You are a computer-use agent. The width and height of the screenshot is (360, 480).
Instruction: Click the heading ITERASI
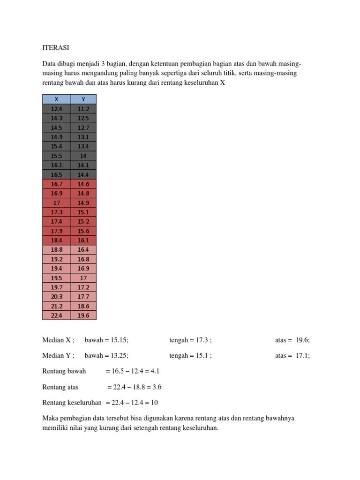56,47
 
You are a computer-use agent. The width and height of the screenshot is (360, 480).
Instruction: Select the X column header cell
56,99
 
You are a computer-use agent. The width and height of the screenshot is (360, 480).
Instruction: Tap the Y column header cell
83,99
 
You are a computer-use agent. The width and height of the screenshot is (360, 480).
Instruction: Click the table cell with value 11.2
83,109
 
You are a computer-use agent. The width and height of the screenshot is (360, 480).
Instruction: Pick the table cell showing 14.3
56,118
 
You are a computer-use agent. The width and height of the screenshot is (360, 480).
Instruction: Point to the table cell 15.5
56,156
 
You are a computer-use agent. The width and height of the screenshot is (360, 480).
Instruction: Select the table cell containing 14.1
83,165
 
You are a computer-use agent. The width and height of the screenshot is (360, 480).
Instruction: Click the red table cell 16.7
56,184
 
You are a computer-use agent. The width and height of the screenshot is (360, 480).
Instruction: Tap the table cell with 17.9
56,231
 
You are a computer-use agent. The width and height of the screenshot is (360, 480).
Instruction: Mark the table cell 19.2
56,259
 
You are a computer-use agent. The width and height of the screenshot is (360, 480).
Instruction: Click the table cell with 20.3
56,296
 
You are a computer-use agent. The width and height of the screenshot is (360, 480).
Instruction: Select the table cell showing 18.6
83,306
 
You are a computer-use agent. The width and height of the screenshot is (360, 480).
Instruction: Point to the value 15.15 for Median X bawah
118,340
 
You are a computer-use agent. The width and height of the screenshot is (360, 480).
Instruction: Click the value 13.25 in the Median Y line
118,355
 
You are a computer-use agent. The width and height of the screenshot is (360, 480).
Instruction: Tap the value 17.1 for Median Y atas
302,355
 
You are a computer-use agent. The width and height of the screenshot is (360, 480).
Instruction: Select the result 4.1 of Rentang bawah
155,371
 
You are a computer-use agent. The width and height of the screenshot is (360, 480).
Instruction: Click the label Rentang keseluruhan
72,402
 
